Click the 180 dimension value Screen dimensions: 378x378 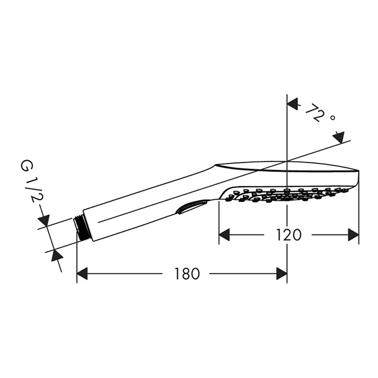click(187, 274)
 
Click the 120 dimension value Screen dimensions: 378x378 click(288, 235)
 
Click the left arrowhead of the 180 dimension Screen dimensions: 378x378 click(82, 274)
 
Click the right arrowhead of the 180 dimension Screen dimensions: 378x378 click(282, 274)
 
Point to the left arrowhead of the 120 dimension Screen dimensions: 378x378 click(224, 235)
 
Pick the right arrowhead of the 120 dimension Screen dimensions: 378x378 click(353, 235)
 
